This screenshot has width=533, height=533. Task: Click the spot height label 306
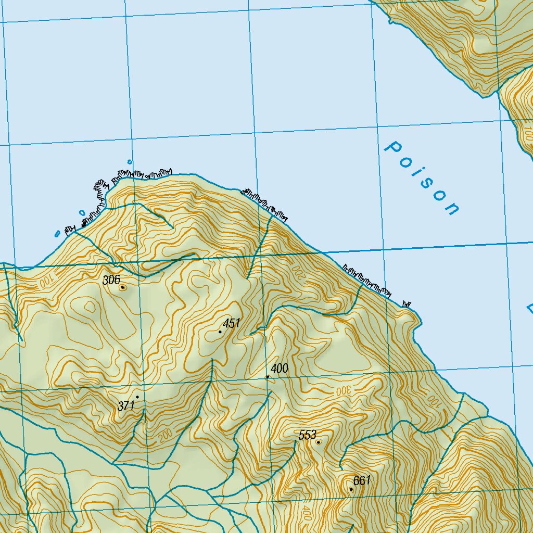(111, 280)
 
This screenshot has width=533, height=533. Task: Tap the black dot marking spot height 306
(122, 287)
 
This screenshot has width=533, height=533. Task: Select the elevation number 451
(231, 324)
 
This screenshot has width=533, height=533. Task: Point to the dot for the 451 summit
(220, 332)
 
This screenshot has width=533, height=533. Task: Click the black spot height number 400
(280, 369)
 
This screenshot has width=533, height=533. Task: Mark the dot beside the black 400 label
(268, 376)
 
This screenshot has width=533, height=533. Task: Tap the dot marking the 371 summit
(137, 397)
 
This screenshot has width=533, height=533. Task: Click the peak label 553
(307, 435)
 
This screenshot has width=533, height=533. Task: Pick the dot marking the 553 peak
(318, 442)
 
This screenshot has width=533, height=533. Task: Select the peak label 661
(362, 480)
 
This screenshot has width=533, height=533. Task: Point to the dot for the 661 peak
(351, 489)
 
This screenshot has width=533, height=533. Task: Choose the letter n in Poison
(452, 209)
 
